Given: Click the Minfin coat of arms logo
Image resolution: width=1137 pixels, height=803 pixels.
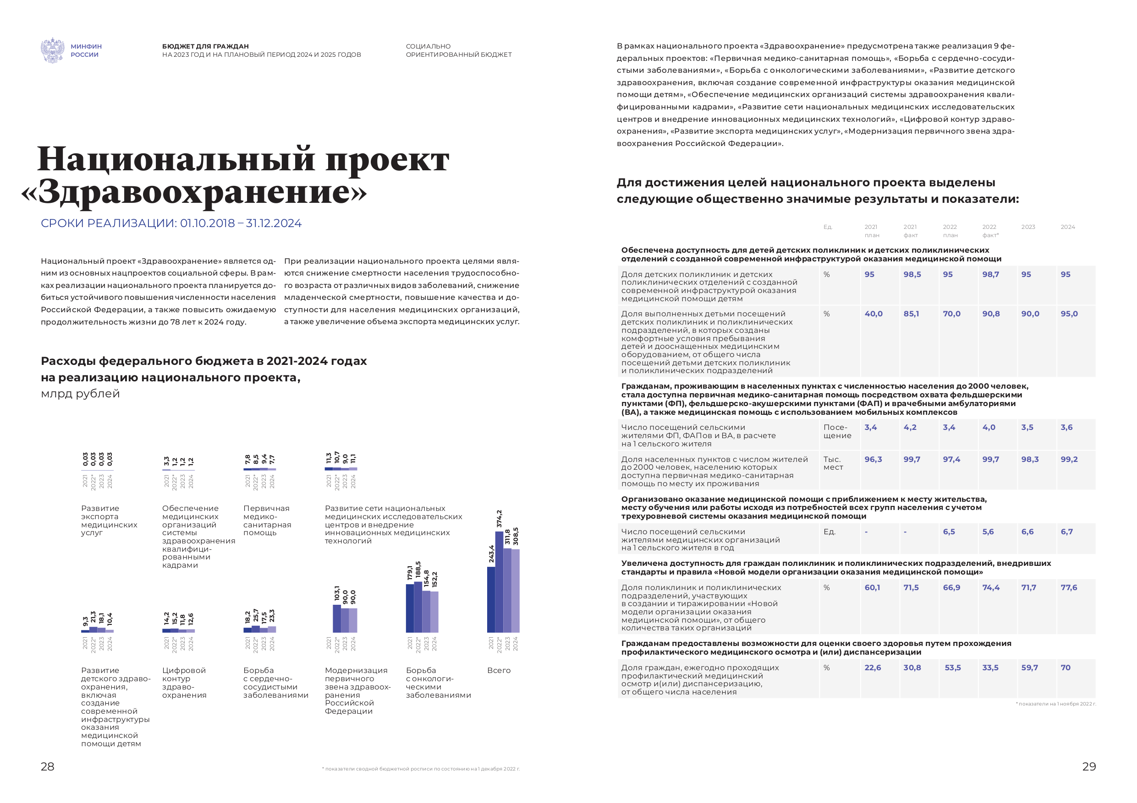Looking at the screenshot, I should pyautogui.click(x=53, y=50).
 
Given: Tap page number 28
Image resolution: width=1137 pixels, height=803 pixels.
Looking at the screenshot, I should pyautogui.click(x=48, y=766).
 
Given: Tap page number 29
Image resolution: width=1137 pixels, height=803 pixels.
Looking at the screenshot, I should pyautogui.click(x=1089, y=766).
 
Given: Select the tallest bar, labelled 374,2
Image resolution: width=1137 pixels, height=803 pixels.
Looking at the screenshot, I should pyautogui.click(x=499, y=582).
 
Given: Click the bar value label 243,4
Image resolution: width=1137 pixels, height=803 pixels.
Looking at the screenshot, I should pyautogui.click(x=491, y=554).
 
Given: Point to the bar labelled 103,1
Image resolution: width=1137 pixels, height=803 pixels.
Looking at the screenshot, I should pyautogui.click(x=337, y=619).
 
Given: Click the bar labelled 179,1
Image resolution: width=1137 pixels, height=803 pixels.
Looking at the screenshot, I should pyautogui.click(x=410, y=608).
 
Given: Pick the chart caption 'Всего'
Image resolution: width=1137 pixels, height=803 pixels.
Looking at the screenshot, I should pyautogui.click(x=499, y=670).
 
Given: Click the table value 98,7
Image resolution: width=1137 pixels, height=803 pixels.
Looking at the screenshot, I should pyautogui.click(x=990, y=275).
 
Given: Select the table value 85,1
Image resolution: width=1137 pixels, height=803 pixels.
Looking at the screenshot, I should pyautogui.click(x=911, y=314).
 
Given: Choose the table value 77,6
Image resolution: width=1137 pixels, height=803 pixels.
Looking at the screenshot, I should pyautogui.click(x=1069, y=588).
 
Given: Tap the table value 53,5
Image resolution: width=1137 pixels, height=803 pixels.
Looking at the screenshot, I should pyautogui.click(x=952, y=668).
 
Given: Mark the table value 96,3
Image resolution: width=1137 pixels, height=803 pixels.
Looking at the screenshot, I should pyautogui.click(x=873, y=460).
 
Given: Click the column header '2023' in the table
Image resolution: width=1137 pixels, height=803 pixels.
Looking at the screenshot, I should pyautogui.click(x=1028, y=227).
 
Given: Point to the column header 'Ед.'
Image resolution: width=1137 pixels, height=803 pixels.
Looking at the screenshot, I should pyautogui.click(x=828, y=227).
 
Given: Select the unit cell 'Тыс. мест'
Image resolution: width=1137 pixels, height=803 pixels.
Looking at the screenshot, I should pyautogui.click(x=833, y=463).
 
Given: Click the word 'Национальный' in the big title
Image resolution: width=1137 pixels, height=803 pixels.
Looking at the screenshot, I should pyautogui.click(x=176, y=159).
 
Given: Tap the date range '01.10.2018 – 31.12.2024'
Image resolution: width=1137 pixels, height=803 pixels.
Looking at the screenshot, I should pyautogui.click(x=241, y=223).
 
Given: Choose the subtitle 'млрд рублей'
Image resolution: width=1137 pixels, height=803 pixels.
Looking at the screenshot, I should pyautogui.click(x=80, y=394).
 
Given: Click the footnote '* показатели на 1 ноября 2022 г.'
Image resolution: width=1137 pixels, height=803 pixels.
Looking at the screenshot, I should pyautogui.click(x=1056, y=704).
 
